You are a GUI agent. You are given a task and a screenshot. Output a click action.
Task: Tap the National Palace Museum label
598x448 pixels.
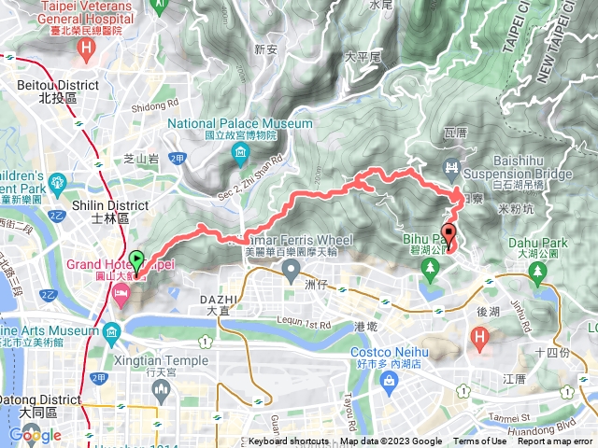240,123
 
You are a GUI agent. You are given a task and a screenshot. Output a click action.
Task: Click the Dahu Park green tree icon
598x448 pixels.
537,271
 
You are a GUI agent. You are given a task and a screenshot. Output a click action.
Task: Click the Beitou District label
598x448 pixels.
51,85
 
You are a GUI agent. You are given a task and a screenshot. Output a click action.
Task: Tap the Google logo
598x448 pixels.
35,434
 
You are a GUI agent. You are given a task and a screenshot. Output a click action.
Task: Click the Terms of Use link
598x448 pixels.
478,441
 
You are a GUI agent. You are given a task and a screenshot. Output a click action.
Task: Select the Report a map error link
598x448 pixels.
555,441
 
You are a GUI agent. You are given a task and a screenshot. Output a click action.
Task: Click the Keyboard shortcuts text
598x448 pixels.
288,441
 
